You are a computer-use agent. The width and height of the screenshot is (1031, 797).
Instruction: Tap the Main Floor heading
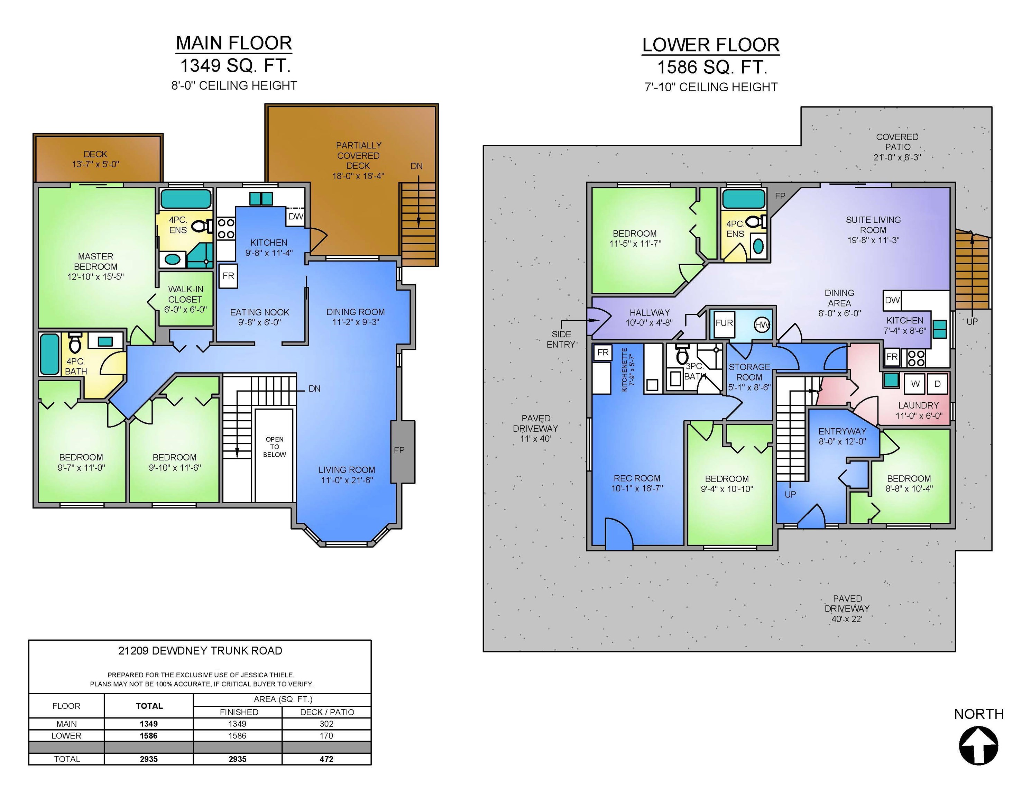pyautogui.click(x=234, y=43)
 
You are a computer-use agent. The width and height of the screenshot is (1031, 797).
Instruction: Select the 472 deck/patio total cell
pyautogui.click(x=326, y=759)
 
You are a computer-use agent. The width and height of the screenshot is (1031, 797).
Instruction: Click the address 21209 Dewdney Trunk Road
pyautogui.click(x=200, y=651)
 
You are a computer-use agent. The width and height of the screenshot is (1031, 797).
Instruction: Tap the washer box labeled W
pyautogui.click(x=915, y=384)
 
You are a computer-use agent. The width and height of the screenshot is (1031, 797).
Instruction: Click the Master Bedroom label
pyautogui.click(x=95, y=266)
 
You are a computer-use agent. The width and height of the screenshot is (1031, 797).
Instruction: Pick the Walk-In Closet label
pyautogui.click(x=185, y=299)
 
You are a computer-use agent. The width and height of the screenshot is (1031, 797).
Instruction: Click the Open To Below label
pyautogui.click(x=274, y=447)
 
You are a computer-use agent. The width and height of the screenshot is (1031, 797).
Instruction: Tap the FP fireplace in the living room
pyautogui.click(x=402, y=451)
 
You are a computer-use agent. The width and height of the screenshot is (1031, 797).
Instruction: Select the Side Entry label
pyautogui.click(x=561, y=339)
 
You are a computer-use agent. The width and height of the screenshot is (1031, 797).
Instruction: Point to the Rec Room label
pyautogui.click(x=637, y=483)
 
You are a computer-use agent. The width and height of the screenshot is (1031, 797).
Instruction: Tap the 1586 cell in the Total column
pyautogui.click(x=149, y=736)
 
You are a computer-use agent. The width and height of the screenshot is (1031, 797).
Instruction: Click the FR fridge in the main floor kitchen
pyautogui.click(x=229, y=276)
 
